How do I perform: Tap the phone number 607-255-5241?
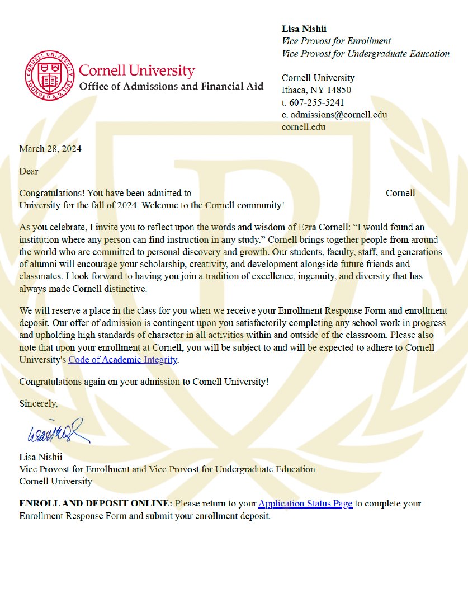pos(316,102)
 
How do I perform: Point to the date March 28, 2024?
pos(50,149)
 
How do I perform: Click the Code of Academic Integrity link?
pos(122,360)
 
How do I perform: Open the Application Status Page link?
pos(305,504)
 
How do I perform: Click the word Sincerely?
pos(38,403)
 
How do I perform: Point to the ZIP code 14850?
pos(339,90)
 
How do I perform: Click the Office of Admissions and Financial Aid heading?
pos(171,87)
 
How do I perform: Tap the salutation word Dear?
pos(29,171)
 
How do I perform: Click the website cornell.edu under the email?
pos(304,126)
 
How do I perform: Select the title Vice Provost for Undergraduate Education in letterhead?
pos(366,54)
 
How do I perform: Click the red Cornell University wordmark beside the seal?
pos(137,71)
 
